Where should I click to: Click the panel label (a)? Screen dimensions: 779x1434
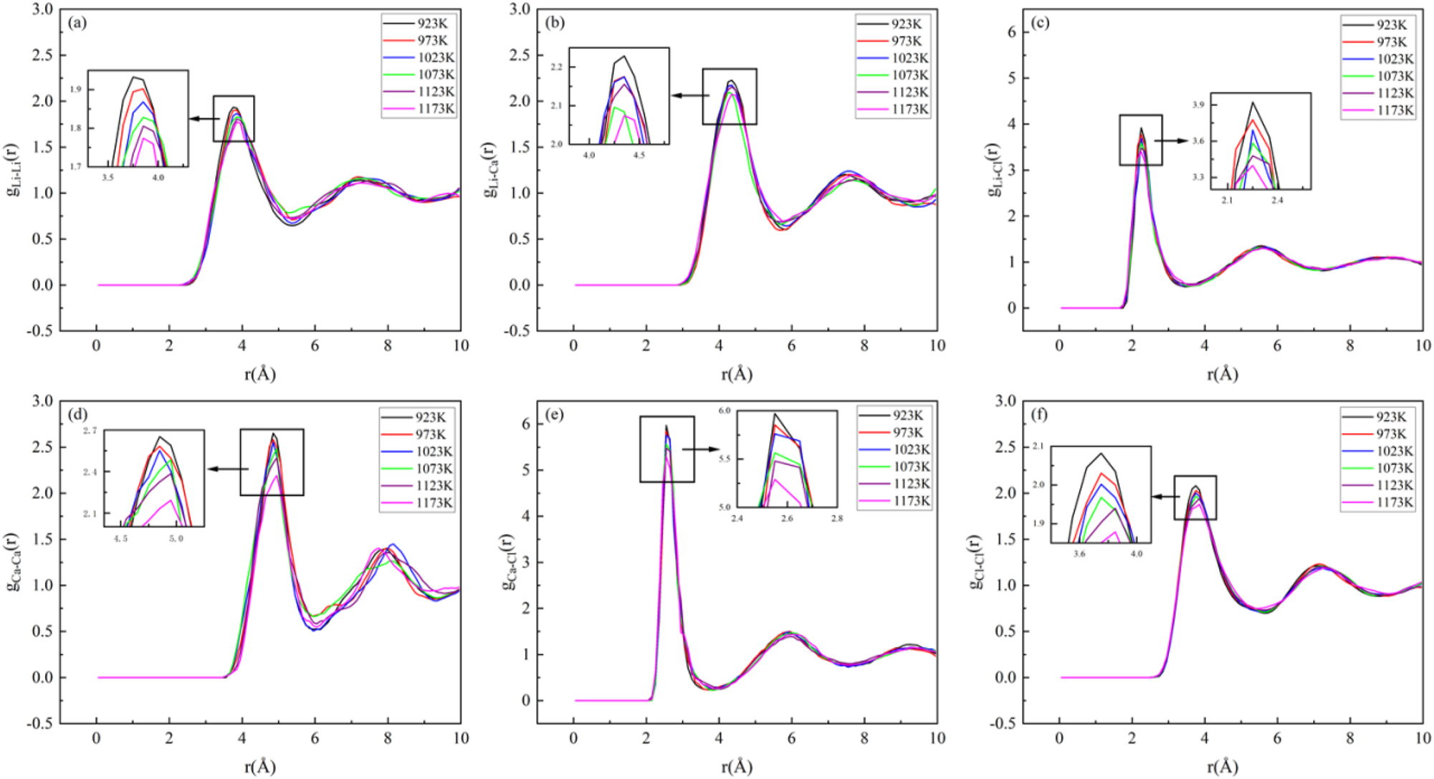(77, 23)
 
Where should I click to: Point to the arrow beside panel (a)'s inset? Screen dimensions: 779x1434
(204, 119)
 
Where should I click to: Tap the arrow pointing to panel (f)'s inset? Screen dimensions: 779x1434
(1165, 497)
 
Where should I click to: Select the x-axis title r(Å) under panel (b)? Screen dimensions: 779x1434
(737, 374)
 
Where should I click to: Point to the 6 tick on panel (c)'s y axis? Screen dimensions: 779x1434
(1011, 32)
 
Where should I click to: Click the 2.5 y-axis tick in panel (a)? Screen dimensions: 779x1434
(43, 55)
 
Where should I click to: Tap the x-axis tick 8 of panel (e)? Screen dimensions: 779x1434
(864, 738)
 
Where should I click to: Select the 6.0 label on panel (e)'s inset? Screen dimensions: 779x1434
(725, 411)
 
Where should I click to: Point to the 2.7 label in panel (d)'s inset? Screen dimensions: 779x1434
(90, 431)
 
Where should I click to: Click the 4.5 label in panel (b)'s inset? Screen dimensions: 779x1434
(639, 155)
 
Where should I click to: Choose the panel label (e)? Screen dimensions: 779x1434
(555, 415)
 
